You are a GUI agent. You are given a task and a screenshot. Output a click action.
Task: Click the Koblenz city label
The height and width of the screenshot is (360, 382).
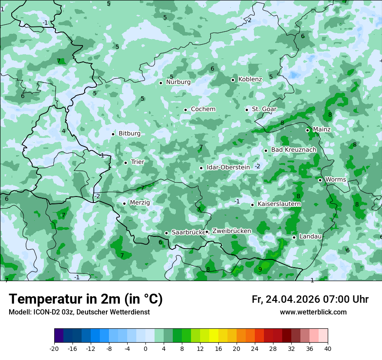tap(250, 79)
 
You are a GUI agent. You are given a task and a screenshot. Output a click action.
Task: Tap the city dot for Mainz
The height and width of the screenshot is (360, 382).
tap(307, 130)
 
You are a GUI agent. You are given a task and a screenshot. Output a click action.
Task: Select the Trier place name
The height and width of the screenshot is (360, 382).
tap(137, 162)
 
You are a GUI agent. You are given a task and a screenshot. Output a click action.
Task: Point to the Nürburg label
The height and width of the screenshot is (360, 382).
tap(178, 82)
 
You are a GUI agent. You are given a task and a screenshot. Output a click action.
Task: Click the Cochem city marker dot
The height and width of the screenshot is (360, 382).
tap(185, 110)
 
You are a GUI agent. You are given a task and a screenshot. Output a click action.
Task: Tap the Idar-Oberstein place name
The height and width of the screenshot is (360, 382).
tap(228, 167)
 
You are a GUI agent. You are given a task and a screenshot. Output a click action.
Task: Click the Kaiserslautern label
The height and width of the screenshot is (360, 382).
tap(279, 204)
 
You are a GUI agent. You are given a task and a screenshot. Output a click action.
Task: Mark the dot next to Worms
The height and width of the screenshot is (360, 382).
tap(320, 180)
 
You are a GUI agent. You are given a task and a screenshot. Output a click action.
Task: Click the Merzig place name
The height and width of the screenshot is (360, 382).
tap(140, 203)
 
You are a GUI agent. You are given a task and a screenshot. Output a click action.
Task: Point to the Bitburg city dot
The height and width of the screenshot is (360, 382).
tap(113, 134)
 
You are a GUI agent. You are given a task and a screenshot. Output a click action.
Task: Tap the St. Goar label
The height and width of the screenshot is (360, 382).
tap(264, 109)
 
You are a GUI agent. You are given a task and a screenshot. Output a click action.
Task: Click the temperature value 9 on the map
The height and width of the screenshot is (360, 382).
tap(260, 269)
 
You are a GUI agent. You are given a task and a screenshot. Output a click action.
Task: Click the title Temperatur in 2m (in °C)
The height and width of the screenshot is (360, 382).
tap(86, 299)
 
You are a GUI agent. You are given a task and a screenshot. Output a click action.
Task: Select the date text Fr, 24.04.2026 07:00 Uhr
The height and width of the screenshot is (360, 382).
tap(310, 300)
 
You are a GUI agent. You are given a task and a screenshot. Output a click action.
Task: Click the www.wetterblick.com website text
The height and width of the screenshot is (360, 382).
tap(313, 312)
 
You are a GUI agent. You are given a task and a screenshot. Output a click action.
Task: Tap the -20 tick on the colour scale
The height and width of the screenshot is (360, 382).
tap(54, 349)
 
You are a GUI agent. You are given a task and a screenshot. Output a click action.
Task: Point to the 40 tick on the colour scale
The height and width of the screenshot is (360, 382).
tap(328, 349)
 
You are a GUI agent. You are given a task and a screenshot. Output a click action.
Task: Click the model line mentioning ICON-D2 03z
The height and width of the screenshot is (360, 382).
tap(79, 312)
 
